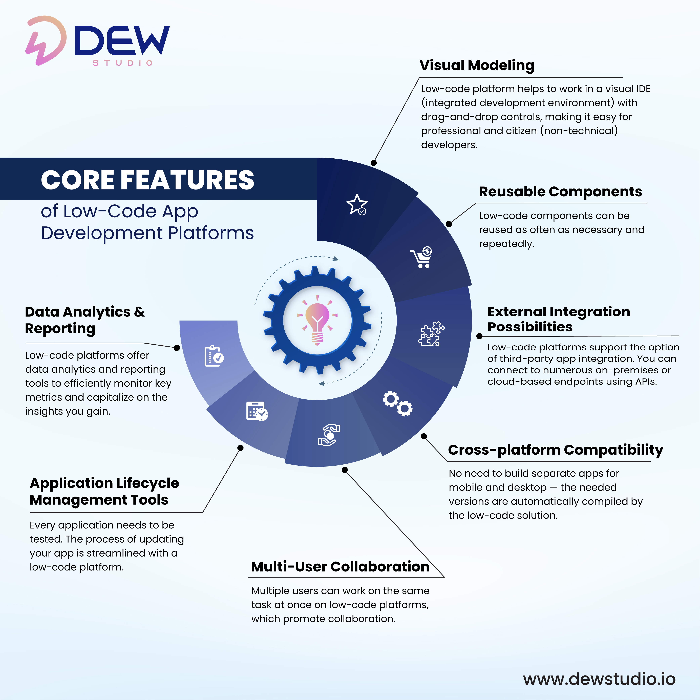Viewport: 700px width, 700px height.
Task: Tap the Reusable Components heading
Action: [x=561, y=192]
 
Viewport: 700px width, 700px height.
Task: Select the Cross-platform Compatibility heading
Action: [x=555, y=450]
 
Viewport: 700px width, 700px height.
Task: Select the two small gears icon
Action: [x=397, y=403]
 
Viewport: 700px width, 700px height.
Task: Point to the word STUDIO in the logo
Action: [x=122, y=63]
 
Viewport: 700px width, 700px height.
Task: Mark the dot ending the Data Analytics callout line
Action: [x=177, y=348]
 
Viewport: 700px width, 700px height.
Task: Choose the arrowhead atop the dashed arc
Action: [x=336, y=259]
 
